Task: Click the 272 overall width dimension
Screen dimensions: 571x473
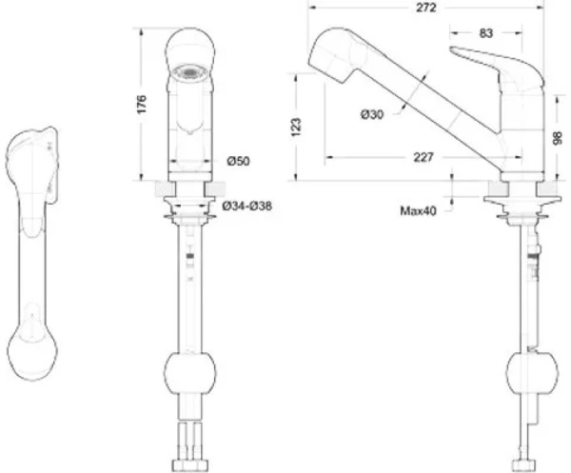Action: click(425, 8)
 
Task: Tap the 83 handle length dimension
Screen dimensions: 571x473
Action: click(485, 33)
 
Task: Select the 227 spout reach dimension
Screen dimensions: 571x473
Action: click(423, 157)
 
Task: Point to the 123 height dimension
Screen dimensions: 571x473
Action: click(296, 128)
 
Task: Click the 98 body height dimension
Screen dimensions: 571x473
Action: click(558, 138)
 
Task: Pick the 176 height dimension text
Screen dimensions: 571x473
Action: click(141, 104)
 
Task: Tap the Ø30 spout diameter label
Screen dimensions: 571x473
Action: click(372, 115)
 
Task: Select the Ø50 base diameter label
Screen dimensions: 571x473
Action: click(239, 161)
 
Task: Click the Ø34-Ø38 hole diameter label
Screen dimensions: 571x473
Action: click(247, 207)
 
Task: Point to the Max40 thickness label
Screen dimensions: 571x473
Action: click(418, 211)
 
